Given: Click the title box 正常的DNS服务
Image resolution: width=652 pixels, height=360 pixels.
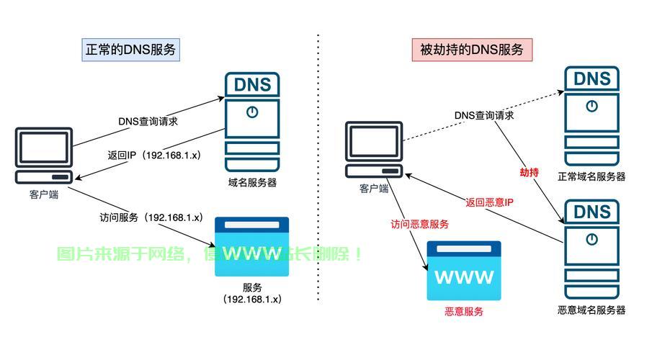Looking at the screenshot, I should click(x=130, y=50).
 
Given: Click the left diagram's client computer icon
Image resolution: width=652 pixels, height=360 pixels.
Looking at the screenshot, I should click(x=44, y=156).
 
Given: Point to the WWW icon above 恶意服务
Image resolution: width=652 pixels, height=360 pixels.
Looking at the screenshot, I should click(x=465, y=271).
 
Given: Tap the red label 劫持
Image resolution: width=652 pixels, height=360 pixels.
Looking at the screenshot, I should click(x=529, y=173).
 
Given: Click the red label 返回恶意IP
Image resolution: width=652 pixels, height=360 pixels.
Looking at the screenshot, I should click(x=489, y=202).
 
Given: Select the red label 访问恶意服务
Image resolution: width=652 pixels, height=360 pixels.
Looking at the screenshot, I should click(x=420, y=224).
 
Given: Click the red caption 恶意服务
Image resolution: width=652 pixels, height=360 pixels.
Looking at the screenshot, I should click(x=464, y=312).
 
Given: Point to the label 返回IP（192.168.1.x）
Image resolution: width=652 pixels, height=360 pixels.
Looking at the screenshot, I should click(x=155, y=155).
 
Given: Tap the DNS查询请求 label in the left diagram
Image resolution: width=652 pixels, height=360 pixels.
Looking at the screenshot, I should click(x=148, y=121).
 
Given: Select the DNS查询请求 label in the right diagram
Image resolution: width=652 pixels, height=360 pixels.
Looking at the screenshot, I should click(x=484, y=115).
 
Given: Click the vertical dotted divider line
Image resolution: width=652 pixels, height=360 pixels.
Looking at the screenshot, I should click(x=318, y=180).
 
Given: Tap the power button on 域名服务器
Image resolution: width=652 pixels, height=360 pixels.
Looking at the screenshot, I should click(x=252, y=112).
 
